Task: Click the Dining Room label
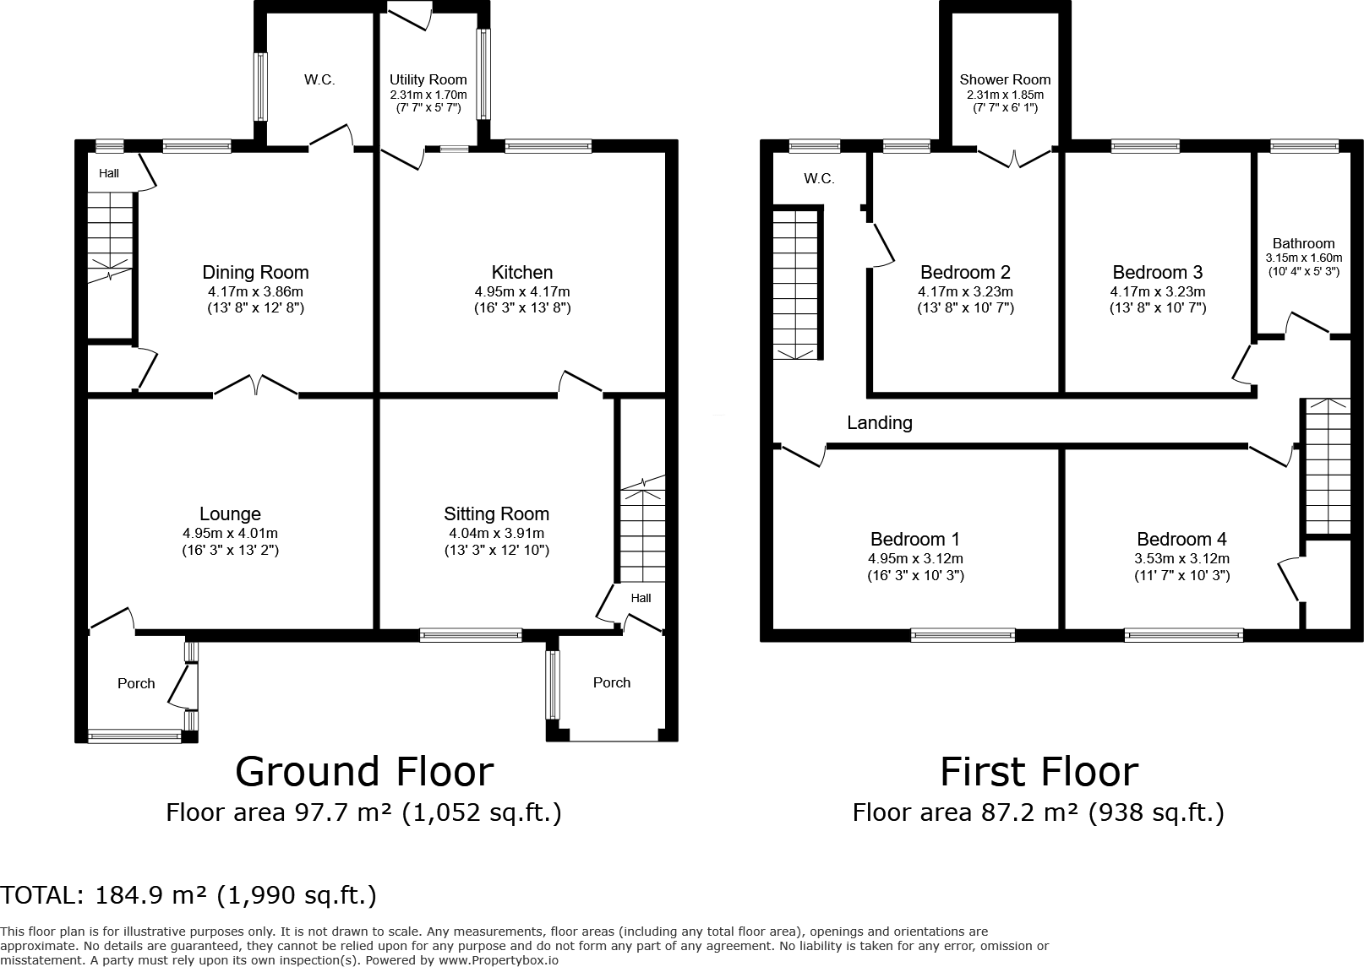[x=255, y=273]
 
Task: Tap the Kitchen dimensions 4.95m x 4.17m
[x=521, y=292]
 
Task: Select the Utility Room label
[x=428, y=79]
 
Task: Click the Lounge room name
[x=230, y=514]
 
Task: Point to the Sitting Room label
[x=496, y=514]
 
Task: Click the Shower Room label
[x=1005, y=80]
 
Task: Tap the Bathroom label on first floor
[x=1303, y=243]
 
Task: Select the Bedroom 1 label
[x=915, y=540]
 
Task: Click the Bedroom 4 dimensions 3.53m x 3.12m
[x=1181, y=559]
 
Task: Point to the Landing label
[x=880, y=423]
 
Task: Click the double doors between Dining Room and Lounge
[x=255, y=387]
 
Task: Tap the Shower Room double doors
[x=1014, y=156]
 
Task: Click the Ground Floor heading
[x=364, y=772]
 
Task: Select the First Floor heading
[x=1039, y=772]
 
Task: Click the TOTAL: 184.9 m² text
[x=188, y=895]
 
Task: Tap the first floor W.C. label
[x=819, y=179]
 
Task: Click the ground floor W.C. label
[x=319, y=80]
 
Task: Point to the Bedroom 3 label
[x=1157, y=273]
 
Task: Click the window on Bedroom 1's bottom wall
[x=963, y=635]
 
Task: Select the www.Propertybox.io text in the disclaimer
[x=498, y=960]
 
